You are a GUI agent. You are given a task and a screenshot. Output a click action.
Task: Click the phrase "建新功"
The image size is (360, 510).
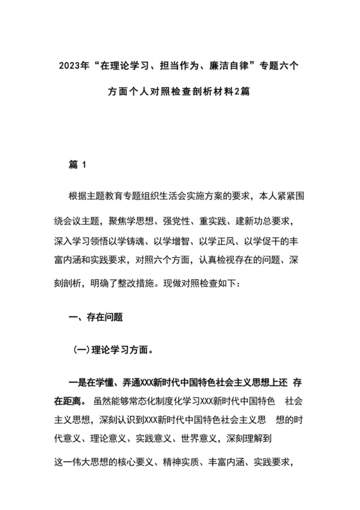[244, 222]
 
